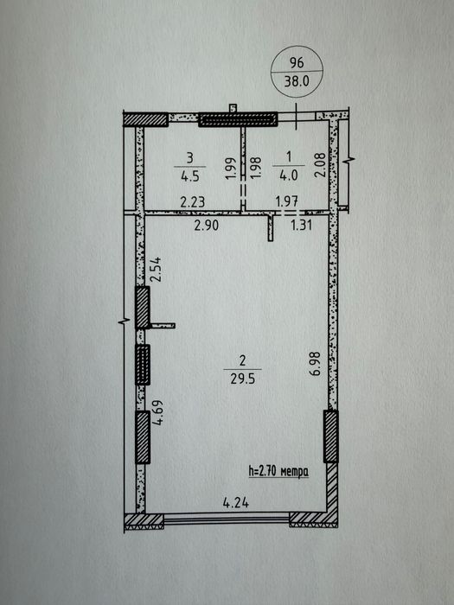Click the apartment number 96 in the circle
[x=297, y=62]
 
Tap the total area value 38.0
[x=297, y=81]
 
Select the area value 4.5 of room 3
[x=189, y=176]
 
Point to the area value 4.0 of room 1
[x=289, y=175]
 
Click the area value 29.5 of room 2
[x=242, y=379]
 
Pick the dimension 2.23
[x=192, y=201]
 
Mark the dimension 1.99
[x=230, y=169]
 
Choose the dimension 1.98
[x=256, y=168]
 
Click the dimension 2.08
[x=320, y=165]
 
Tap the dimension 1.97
[x=287, y=201]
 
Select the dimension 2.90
[x=207, y=225]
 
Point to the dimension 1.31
[x=301, y=225]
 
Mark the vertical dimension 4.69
[x=158, y=412]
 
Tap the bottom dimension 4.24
[x=236, y=503]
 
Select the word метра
[x=295, y=472]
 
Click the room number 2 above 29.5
[x=242, y=360]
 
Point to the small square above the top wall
[x=233, y=108]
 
